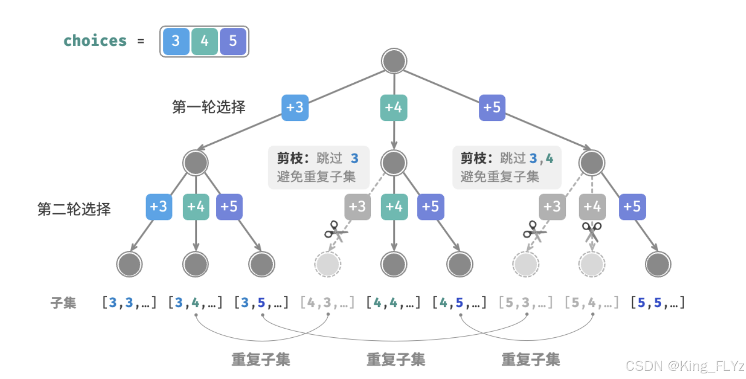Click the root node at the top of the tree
click(x=394, y=61)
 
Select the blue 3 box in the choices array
click(x=176, y=41)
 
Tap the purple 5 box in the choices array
click(x=233, y=41)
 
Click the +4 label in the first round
click(x=394, y=108)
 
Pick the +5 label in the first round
click(x=492, y=108)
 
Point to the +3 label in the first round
click(x=295, y=108)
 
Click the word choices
click(x=95, y=41)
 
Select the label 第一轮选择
click(x=209, y=107)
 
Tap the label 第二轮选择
click(x=74, y=209)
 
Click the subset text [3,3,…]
click(x=129, y=303)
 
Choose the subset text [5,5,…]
click(x=657, y=303)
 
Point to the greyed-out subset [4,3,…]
click(x=327, y=303)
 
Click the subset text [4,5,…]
click(x=460, y=303)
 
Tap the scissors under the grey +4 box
click(x=592, y=232)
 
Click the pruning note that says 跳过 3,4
click(x=507, y=167)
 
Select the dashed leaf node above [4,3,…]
click(x=328, y=264)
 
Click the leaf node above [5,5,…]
click(x=658, y=264)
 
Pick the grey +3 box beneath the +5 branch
click(x=552, y=207)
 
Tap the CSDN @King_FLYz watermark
click(x=684, y=366)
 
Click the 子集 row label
click(x=63, y=303)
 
